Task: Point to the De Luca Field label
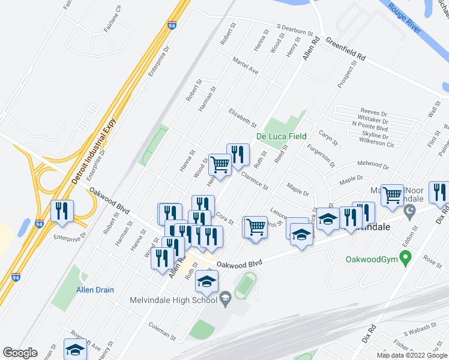[x=282, y=137]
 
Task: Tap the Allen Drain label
[x=95, y=290]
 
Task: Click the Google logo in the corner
[x=20, y=352]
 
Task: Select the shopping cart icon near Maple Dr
[x=392, y=195]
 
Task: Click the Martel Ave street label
[x=245, y=66]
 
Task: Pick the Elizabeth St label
[x=243, y=118]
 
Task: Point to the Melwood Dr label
[x=373, y=164]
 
